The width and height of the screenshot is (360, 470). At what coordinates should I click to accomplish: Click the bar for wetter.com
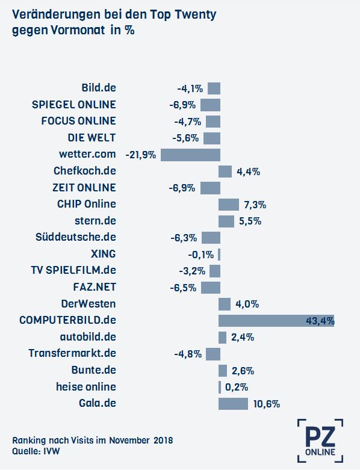point(190,155)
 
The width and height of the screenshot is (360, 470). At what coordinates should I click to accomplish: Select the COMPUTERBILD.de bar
point(276,321)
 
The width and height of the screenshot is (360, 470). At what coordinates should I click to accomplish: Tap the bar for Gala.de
point(233,404)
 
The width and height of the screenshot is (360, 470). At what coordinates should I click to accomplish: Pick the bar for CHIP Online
point(229,205)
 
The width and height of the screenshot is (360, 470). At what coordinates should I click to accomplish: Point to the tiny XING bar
point(219,255)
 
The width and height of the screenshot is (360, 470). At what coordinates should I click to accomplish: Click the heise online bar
point(220,387)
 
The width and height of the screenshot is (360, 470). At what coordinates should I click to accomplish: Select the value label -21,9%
point(141,155)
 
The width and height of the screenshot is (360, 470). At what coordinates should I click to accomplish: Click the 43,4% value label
point(320,321)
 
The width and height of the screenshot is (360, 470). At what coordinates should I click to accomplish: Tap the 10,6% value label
point(267,404)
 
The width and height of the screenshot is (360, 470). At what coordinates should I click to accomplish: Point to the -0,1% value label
point(201,255)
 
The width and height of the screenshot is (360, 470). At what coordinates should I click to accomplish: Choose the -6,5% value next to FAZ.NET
point(183,288)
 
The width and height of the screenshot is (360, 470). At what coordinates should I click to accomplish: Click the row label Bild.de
point(99,88)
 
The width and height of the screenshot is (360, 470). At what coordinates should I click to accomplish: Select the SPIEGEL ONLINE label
point(73,105)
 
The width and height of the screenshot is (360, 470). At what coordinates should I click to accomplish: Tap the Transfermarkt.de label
point(72,353)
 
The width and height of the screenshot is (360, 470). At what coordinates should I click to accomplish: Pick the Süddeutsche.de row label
point(75,237)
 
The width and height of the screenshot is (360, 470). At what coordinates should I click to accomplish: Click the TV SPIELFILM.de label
point(73,270)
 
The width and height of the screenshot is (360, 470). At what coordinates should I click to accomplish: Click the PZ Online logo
point(320,441)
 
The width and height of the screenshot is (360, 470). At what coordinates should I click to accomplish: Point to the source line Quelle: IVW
point(36,451)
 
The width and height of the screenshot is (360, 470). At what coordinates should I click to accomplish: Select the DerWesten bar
point(225,305)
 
